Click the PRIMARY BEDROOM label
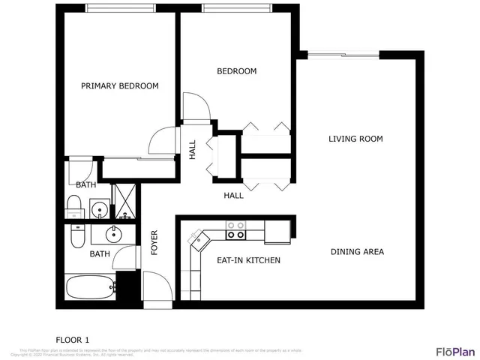tap(120, 86)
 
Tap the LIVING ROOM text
tap(355, 139)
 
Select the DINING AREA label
tap(357, 252)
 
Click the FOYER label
tap(154, 242)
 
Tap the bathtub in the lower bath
tap(89, 287)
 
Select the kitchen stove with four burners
tap(235, 229)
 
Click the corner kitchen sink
tap(198, 238)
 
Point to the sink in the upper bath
tap(98, 208)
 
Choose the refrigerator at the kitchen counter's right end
tap(278, 231)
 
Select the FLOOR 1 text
tap(73, 338)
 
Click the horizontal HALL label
tap(233, 196)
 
